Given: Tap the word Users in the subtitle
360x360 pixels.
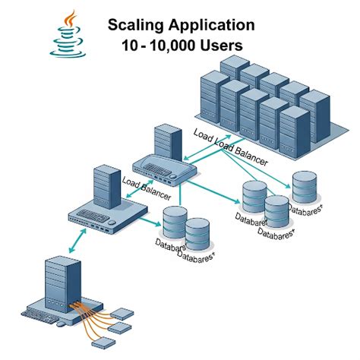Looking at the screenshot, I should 223,46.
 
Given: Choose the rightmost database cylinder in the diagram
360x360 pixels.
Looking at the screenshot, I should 304,187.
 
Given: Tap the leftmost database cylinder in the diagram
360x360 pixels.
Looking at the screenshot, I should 174,225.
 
